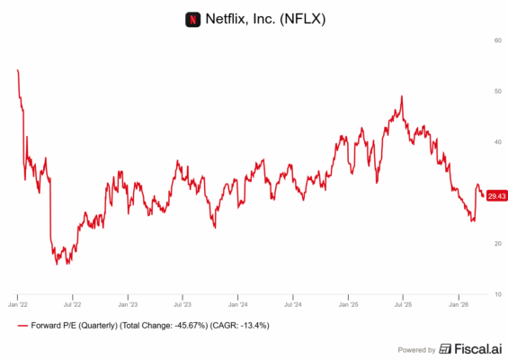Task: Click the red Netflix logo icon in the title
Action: [191, 18]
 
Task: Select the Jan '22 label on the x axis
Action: [17, 304]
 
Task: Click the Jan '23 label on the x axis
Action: [127, 304]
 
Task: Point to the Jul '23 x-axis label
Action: [182, 304]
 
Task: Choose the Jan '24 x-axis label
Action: [237, 304]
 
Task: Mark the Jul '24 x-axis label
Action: [292, 304]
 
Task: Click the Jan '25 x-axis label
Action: [348, 304]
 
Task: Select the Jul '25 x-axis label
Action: [402, 304]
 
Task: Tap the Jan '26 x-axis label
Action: [458, 304]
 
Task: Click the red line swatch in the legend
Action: [22, 325]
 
